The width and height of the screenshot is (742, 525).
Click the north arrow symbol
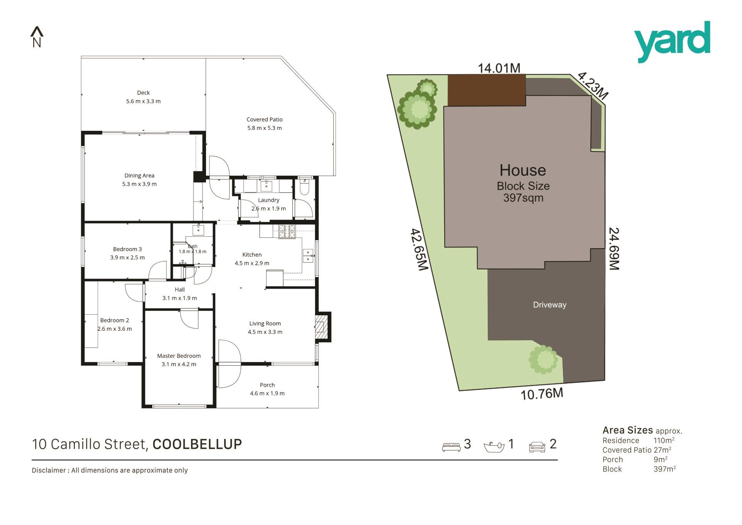37,37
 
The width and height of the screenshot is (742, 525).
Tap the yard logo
672,42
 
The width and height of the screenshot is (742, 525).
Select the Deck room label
143,92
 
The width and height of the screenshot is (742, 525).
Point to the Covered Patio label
265,120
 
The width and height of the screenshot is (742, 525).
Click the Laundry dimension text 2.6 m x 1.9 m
269,209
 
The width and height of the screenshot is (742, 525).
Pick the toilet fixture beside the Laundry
305,187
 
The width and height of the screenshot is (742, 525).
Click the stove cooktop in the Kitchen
287,231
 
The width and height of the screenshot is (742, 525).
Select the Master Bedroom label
179,356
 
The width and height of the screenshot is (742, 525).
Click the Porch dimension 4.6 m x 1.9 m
267,393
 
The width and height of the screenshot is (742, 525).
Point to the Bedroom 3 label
128,249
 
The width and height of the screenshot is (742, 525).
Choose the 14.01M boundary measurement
499,68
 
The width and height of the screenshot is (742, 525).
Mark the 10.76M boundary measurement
542,394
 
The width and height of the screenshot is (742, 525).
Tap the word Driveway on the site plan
550,305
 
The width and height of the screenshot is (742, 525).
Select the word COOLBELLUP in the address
197,444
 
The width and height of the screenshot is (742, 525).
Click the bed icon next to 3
451,447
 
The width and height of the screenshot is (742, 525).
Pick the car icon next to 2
537,447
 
